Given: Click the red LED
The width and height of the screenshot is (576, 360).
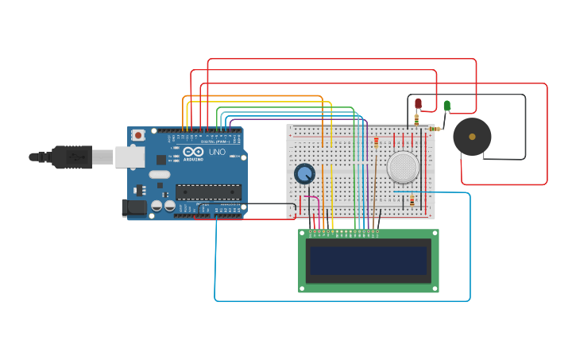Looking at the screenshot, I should (x=419, y=103).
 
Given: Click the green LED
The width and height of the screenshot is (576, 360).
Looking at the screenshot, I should (x=446, y=105).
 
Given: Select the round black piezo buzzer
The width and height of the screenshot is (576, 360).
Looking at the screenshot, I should (x=472, y=137).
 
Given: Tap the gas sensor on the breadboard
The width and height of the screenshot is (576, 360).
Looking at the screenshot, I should (x=403, y=167).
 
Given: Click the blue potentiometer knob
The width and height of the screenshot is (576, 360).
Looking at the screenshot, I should (x=304, y=173).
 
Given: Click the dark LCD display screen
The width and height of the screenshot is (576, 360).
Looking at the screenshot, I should (x=368, y=260).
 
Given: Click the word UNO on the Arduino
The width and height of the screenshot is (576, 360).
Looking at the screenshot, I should (x=217, y=152).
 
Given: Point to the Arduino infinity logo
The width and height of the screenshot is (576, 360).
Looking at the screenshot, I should (x=192, y=152).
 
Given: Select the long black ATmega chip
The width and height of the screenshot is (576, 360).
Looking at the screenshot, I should (x=208, y=192).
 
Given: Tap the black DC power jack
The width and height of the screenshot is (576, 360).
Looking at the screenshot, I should (x=133, y=207).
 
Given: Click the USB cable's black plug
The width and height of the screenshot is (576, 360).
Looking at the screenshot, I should (x=72, y=157).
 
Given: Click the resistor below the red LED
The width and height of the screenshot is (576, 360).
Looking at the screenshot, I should (x=416, y=120).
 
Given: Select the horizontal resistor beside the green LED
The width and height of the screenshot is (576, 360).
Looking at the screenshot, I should (x=435, y=129).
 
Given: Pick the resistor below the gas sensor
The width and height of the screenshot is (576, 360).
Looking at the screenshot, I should (x=412, y=201).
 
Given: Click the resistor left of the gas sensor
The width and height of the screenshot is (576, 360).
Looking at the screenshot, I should (x=376, y=142).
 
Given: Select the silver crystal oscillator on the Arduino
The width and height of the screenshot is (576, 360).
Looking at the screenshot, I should (x=159, y=174).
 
